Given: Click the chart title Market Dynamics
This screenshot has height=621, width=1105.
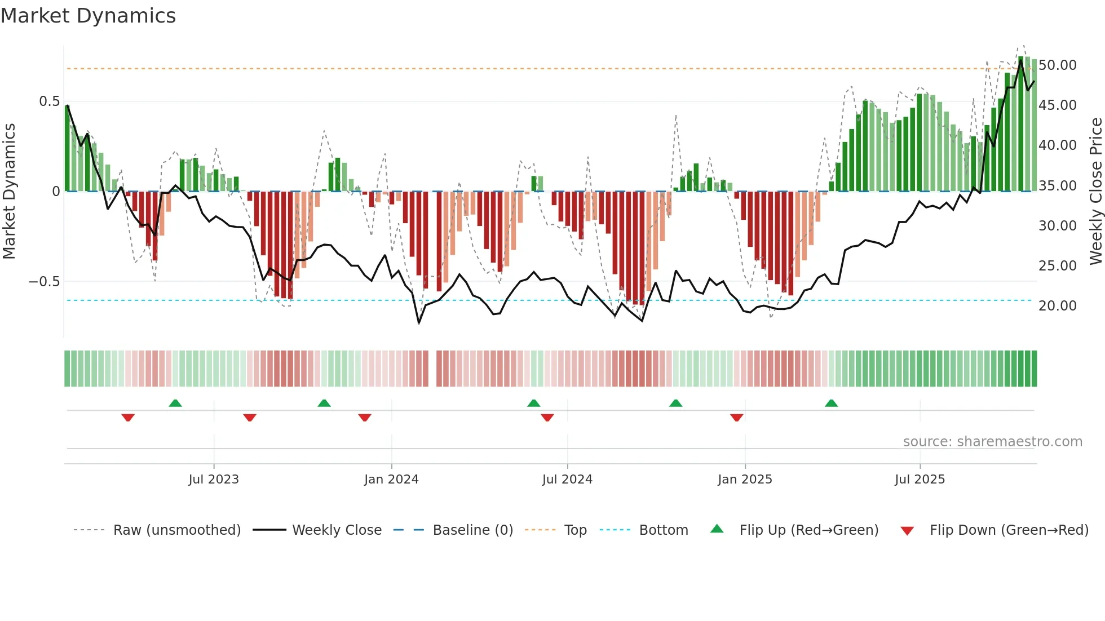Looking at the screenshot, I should pos(88,16).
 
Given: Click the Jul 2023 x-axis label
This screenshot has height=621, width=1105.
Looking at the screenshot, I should pos(214,480).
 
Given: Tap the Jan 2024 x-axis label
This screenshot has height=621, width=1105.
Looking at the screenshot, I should pos(391,480).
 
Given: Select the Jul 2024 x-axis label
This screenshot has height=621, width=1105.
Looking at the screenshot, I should pos(567,480).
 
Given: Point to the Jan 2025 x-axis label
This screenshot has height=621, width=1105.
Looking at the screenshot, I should pos(745,480).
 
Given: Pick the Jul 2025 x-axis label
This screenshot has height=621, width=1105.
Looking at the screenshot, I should pos(920,480).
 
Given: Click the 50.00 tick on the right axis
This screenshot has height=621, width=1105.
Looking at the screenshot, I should pos(1058,65).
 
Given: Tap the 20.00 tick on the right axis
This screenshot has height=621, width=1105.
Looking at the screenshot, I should pos(1058,306).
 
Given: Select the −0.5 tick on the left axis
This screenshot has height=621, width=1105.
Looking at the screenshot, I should pos(45,281).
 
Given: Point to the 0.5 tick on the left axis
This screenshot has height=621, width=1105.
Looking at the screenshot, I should pos(50,101).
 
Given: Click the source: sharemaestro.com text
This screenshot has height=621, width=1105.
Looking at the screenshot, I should pos(992,442).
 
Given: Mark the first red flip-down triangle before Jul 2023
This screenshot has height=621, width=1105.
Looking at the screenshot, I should pos(128,418).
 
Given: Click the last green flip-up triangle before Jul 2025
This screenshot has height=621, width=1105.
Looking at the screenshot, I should pos(831,403).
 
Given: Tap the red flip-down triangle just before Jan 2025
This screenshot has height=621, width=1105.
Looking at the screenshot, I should pos(736,418).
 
